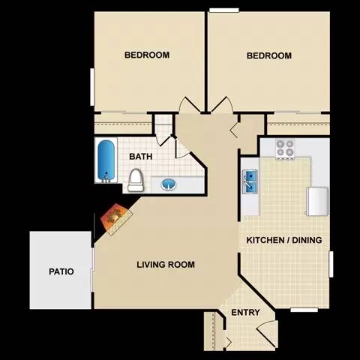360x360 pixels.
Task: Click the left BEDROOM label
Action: pyautogui.click(x=146, y=55)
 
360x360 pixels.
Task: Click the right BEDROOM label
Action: pyautogui.click(x=268, y=55)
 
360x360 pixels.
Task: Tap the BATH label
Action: pyautogui.click(x=141, y=157)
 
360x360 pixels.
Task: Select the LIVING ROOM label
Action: pyautogui.click(x=166, y=264)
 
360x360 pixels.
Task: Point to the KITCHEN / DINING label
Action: pyautogui.click(x=284, y=240)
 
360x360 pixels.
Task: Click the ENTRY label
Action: pyautogui.click(x=245, y=313)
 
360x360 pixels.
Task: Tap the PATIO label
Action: pyautogui.click(x=61, y=271)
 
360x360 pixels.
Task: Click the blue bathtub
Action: pyautogui.click(x=106, y=160)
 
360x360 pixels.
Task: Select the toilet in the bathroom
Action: pyautogui.click(x=136, y=179)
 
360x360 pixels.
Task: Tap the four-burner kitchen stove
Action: pyautogui.click(x=284, y=148)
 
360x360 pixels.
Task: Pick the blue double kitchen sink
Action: pyautogui.click(x=250, y=181)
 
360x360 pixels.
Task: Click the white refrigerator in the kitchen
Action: pyautogui.click(x=318, y=200)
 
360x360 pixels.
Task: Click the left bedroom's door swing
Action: pyautogui.click(x=190, y=106)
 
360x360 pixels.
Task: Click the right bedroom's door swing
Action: pyautogui.click(x=220, y=106)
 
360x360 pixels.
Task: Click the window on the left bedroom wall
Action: pyautogui.click(x=92, y=86)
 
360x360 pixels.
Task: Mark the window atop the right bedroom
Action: pyautogui.click(x=223, y=10)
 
